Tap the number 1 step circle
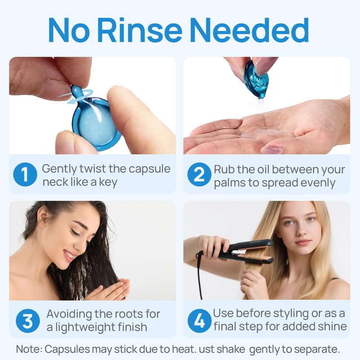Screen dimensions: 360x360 [25, 174]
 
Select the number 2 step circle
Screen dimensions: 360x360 [199, 174]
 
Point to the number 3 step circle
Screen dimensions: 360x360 [28, 321]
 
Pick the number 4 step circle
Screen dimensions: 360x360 [199, 321]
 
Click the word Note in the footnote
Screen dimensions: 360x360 [27, 349]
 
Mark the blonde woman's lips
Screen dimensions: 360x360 [302, 243]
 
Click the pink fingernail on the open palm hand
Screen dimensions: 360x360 [272, 149]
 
